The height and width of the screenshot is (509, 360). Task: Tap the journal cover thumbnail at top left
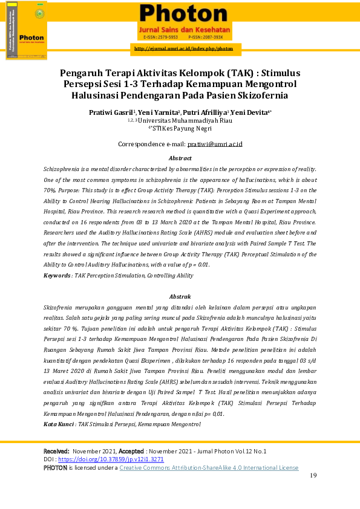(27, 30)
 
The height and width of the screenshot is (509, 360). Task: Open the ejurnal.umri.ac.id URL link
(183, 48)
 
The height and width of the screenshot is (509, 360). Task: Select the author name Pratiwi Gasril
(111, 112)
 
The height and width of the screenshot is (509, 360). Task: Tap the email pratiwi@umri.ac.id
(215, 144)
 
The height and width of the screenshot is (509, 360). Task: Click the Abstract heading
(180, 158)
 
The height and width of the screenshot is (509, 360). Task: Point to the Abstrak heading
(180, 297)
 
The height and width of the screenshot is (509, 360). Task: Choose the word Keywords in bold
(57, 276)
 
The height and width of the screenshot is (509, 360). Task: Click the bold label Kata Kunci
(59, 424)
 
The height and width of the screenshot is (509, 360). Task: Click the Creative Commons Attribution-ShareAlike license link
(209, 467)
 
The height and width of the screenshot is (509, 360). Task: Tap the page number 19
(313, 476)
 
